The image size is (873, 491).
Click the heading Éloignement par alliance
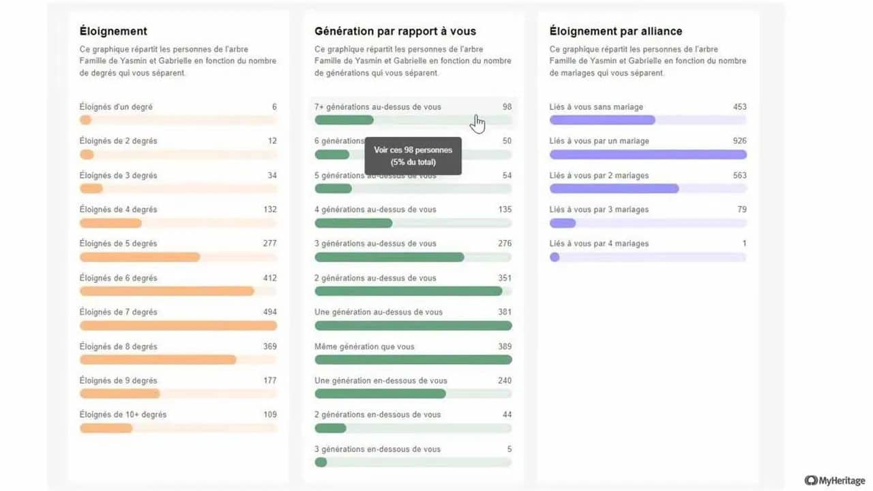click(615, 31)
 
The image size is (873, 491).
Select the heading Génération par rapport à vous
click(395, 31)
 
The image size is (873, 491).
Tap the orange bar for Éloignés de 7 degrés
click(178, 325)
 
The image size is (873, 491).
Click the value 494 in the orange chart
click(269, 312)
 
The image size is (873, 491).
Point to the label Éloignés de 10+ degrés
click(123, 415)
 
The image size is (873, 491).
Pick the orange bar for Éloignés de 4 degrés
click(110, 223)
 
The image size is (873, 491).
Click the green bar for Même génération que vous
click(413, 359)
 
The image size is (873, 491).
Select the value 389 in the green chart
click(504, 346)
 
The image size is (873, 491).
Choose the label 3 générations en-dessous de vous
click(377, 449)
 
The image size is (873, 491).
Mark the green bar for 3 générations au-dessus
click(389, 257)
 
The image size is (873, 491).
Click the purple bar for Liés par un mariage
click(648, 154)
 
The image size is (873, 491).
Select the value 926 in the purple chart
click(739, 141)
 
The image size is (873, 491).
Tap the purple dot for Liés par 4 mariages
click(554, 257)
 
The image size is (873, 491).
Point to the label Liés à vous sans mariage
click(595, 107)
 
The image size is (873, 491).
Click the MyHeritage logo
click(835, 480)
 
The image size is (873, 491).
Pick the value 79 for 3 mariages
click(741, 209)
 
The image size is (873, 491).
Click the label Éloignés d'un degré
click(116, 107)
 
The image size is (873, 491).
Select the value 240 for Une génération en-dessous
click(504, 381)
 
